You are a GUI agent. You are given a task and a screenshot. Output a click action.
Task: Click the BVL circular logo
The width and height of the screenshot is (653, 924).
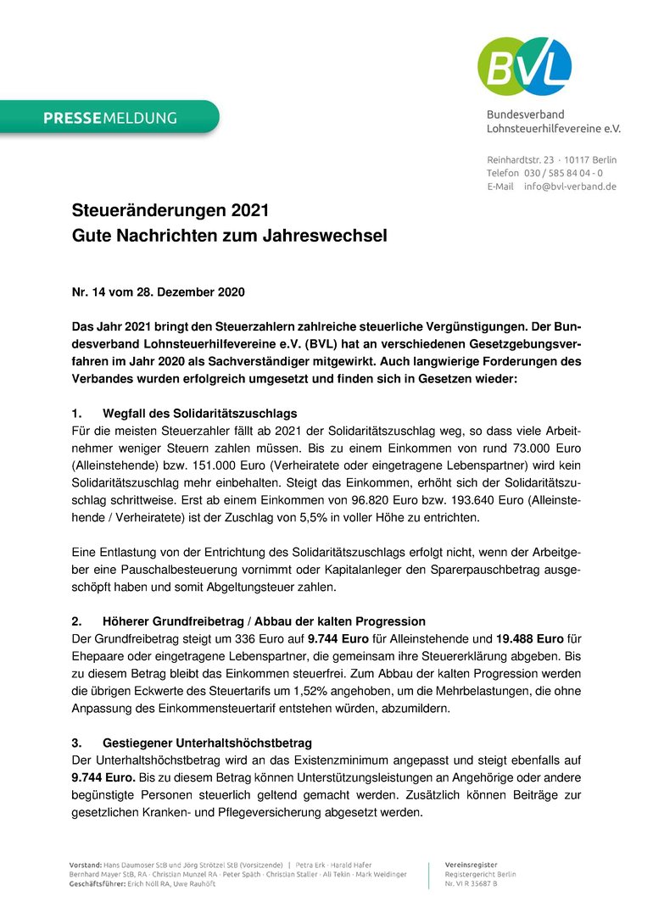(524, 67)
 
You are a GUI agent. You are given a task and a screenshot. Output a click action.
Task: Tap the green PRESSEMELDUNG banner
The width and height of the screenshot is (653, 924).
(109, 118)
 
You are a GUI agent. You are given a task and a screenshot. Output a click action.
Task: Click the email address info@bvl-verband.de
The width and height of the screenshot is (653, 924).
(570, 186)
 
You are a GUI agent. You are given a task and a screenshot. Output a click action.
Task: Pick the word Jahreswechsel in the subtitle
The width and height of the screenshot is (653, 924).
(330, 237)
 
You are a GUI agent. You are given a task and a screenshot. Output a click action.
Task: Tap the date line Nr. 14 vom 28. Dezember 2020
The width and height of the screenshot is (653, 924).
(158, 292)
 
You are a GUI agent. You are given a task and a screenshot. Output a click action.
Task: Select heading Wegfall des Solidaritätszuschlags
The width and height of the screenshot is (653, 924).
(199, 414)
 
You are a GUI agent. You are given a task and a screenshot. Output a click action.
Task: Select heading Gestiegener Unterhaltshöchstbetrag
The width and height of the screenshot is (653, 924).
(207, 743)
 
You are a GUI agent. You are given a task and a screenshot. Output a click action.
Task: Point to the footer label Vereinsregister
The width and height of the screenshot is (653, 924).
(472, 864)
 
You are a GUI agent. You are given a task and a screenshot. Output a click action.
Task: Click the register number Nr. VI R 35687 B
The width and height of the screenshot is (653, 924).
(472, 884)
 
